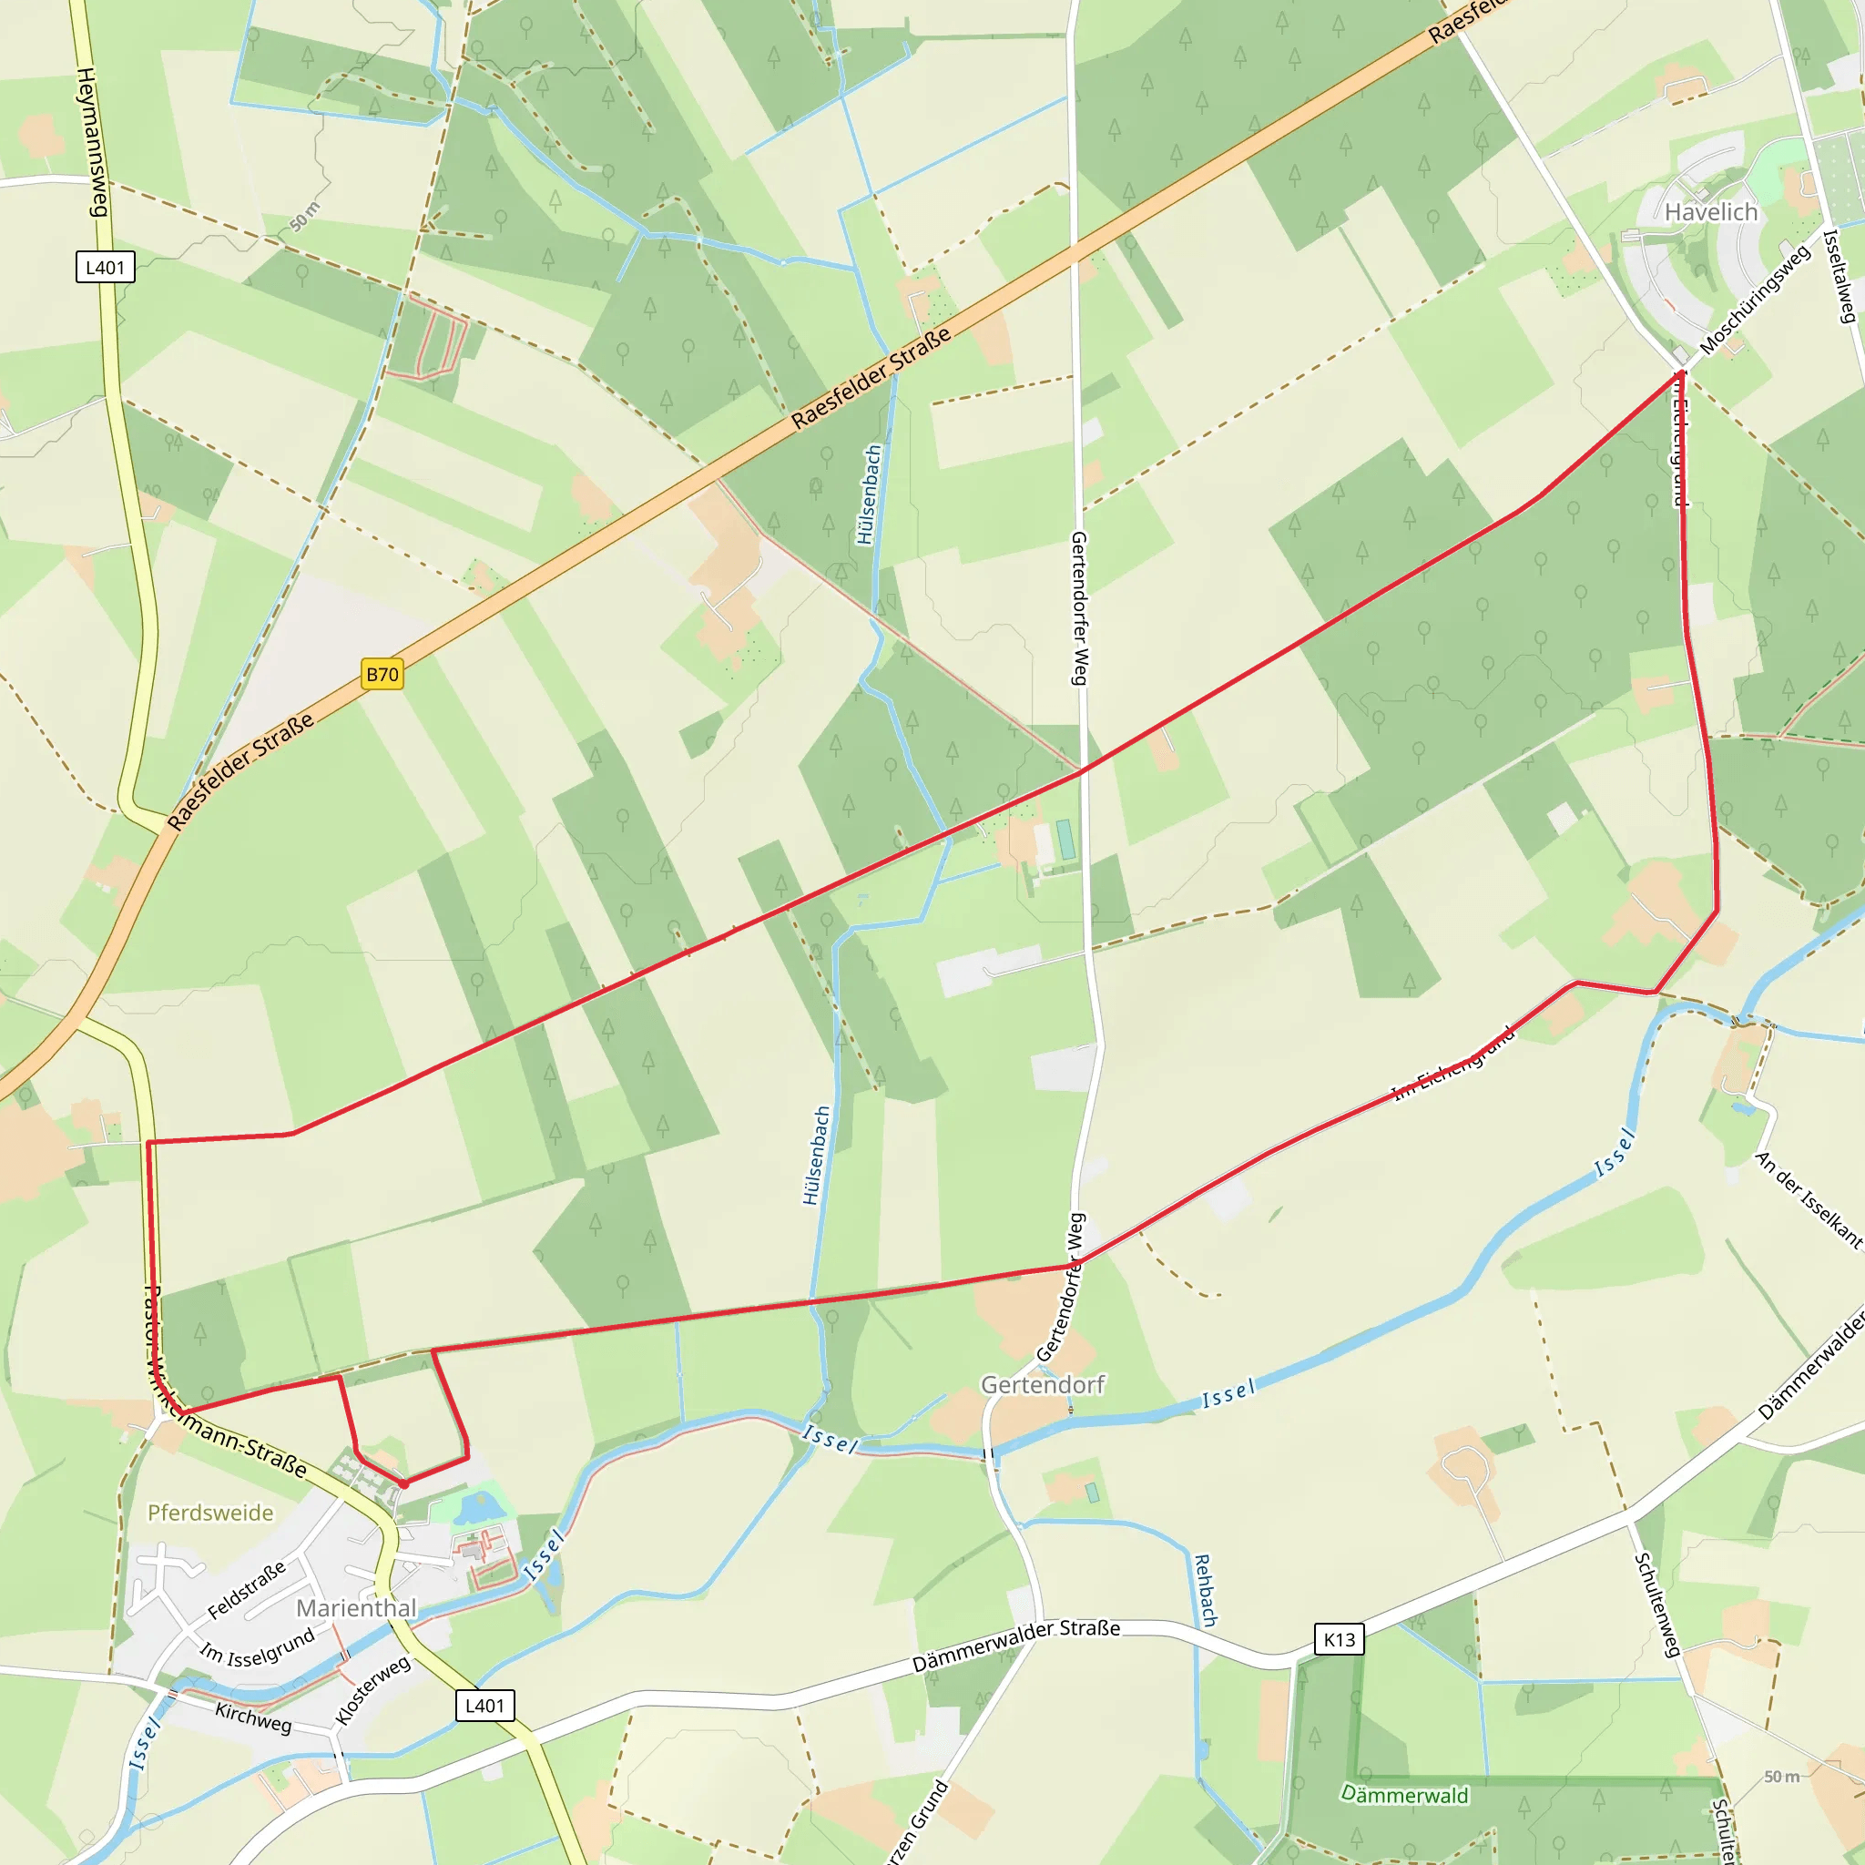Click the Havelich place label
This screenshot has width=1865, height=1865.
pos(1710,211)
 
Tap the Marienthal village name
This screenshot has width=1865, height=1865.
pos(356,1608)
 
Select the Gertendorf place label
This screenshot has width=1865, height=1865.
pos(1043,1385)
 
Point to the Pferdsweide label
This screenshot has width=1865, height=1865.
pos(210,1513)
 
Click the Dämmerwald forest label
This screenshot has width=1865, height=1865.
pos(1404,1795)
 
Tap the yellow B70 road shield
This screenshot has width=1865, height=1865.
pos(382,674)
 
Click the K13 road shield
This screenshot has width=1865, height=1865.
pos(1339,1639)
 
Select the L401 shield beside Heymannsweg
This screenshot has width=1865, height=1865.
pos(106,268)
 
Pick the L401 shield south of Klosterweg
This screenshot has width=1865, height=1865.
pos(484,1706)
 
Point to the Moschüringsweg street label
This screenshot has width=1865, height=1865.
pos(1754,300)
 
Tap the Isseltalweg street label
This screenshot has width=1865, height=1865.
pos(1839,275)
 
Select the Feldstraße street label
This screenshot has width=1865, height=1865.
pos(247,1590)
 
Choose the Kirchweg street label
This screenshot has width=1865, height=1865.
pos(253,1717)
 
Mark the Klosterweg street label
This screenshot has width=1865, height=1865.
pos(372,1690)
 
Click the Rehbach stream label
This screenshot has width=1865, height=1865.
pos(1206,1590)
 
